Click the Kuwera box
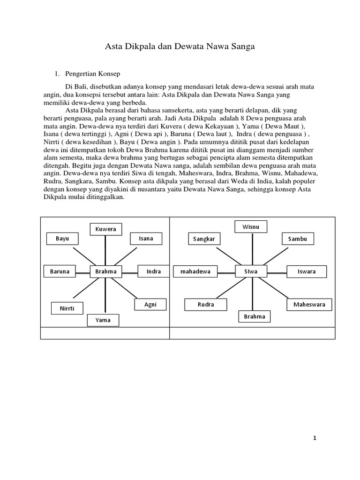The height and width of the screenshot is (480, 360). (x=105, y=229)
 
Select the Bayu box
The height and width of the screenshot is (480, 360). (x=62, y=239)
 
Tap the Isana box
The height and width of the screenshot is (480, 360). (x=146, y=239)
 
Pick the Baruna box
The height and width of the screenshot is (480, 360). (x=60, y=271)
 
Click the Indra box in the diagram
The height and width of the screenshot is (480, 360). (x=153, y=271)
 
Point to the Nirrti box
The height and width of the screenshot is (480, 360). (x=67, y=308)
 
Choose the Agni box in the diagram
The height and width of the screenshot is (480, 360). (x=150, y=305)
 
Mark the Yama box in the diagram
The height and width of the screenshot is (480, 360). (x=103, y=320)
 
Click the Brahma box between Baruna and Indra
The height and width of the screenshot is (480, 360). (x=106, y=271)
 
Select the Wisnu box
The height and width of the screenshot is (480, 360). (x=251, y=227)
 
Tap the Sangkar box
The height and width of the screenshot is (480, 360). (x=204, y=239)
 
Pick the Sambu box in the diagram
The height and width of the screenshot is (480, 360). (x=298, y=239)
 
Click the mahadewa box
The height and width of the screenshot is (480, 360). (x=195, y=271)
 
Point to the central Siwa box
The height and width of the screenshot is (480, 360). (x=251, y=271)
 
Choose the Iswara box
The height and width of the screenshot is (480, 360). (x=307, y=271)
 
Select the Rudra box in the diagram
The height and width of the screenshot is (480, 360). (x=206, y=305)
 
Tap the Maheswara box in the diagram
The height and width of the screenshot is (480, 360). (x=309, y=305)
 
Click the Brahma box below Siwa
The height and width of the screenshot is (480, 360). (x=255, y=317)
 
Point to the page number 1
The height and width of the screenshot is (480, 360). (x=315, y=438)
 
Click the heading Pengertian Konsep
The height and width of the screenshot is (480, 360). (x=93, y=74)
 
